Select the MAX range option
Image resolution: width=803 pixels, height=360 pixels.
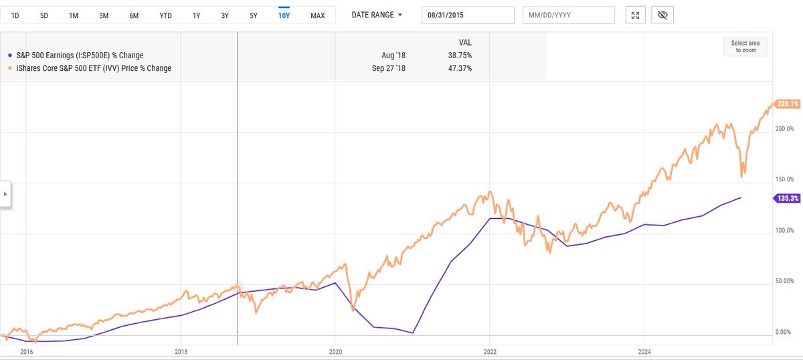click(317, 15)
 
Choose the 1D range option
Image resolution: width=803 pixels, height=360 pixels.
click(15, 15)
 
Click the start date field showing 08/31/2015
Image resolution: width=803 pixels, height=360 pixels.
click(468, 15)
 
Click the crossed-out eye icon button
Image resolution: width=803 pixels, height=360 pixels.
click(664, 15)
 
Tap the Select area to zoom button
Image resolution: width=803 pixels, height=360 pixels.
click(744, 47)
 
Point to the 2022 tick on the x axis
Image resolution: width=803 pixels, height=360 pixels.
click(490, 351)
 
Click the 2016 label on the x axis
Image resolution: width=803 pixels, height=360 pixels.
click(27, 351)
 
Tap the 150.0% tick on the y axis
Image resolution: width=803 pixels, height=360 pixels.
click(784, 179)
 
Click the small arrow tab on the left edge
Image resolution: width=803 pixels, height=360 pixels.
click(5, 194)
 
